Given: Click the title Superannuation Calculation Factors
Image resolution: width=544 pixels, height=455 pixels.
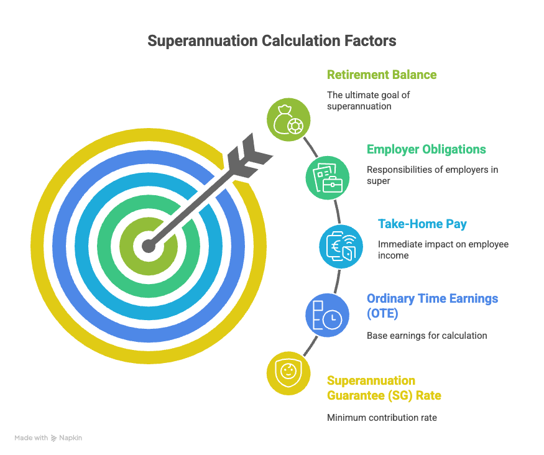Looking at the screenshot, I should click(x=272, y=41).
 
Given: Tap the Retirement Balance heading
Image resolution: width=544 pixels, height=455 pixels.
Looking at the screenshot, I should click(x=382, y=75).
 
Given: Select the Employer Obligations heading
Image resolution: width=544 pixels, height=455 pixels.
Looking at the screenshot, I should click(x=426, y=149).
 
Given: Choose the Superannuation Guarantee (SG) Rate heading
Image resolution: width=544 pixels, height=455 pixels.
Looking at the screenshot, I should click(x=384, y=388).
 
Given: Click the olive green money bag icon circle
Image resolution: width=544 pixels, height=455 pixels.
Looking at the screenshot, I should click(x=288, y=118).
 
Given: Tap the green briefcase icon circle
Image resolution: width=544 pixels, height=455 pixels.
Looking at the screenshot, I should click(x=327, y=177).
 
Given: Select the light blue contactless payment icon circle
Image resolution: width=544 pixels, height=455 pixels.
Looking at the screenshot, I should click(x=341, y=246).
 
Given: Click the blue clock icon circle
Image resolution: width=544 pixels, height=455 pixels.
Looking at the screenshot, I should click(x=327, y=315).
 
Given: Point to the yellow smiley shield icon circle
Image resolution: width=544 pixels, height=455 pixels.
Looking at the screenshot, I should click(x=288, y=373).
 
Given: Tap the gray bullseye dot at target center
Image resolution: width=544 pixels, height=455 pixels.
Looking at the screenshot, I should click(x=148, y=246).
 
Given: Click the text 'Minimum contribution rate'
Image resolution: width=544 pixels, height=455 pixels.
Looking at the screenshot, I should click(x=382, y=418).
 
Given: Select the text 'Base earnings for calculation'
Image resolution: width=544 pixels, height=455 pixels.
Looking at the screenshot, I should click(x=426, y=336).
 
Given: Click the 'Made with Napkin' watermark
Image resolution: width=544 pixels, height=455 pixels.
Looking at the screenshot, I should click(x=48, y=438).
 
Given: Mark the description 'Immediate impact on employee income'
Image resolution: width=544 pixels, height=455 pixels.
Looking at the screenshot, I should click(x=443, y=249).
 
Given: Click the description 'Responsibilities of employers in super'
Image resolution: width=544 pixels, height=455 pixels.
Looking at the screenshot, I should click(x=431, y=175).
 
